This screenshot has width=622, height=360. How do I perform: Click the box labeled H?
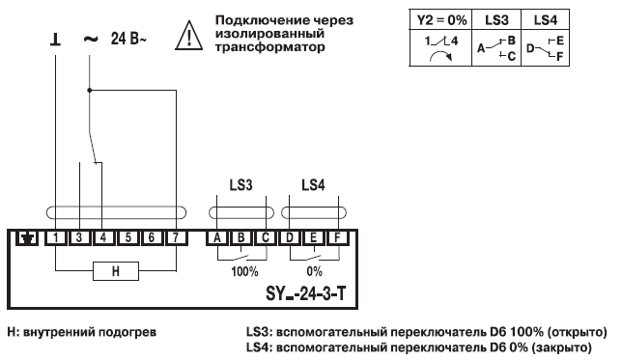(115, 272)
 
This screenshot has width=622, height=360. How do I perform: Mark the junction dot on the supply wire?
(89, 91)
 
